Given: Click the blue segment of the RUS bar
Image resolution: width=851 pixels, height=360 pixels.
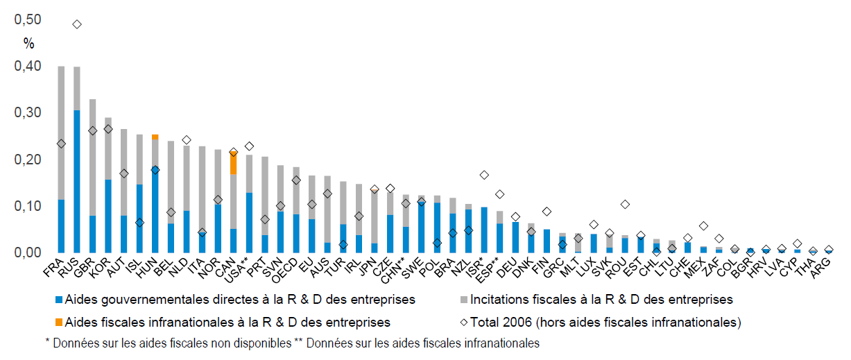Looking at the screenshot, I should [x=77, y=180].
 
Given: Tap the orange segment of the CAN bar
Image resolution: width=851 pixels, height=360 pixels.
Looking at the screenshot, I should [x=233, y=163].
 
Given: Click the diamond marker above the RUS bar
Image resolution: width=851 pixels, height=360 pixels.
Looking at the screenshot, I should [x=77, y=24].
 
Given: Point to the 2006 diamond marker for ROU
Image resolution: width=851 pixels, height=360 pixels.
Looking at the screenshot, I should [x=626, y=204].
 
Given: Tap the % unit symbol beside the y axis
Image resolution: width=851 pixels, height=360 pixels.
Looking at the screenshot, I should [x=28, y=43].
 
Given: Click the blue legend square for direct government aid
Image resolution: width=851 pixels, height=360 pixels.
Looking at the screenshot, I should [x=58, y=300].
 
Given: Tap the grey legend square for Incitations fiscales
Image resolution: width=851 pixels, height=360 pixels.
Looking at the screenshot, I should [x=464, y=300].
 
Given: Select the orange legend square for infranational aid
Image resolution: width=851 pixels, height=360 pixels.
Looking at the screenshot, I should [x=58, y=322].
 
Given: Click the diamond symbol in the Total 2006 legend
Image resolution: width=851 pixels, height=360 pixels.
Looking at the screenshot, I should [x=464, y=322].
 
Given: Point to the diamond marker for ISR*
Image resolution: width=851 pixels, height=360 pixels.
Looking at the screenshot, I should [x=484, y=175].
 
